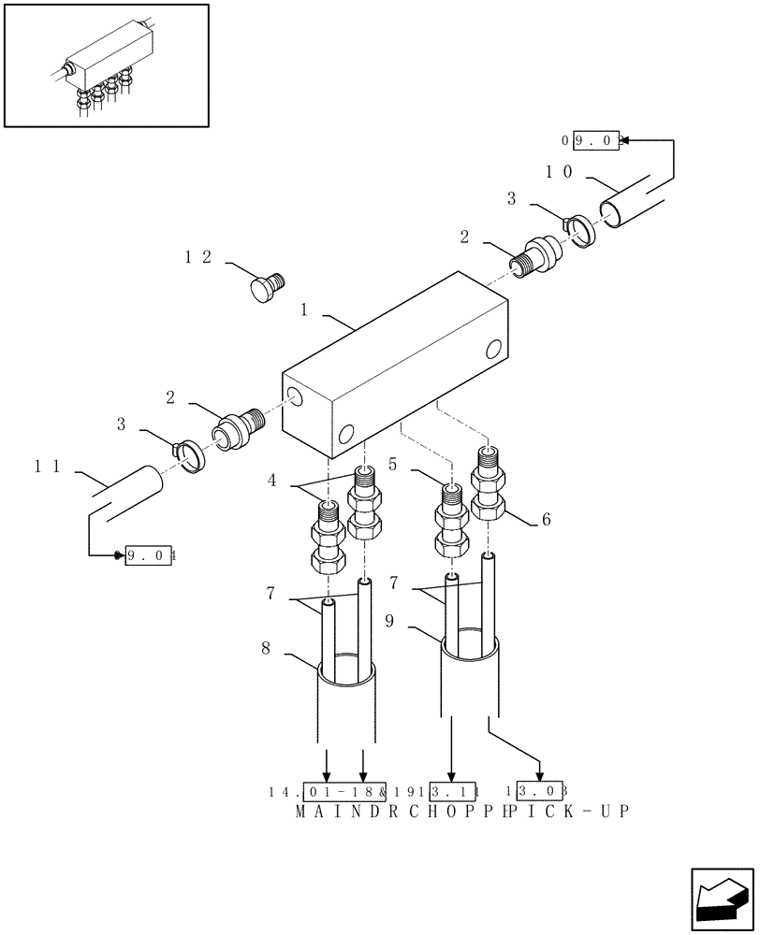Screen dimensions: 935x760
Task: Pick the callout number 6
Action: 546,520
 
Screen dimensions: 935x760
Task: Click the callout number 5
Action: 393,464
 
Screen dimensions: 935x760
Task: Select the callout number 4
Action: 271,481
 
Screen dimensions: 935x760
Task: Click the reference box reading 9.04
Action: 152,555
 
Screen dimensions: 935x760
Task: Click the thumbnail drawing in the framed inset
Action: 106,65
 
